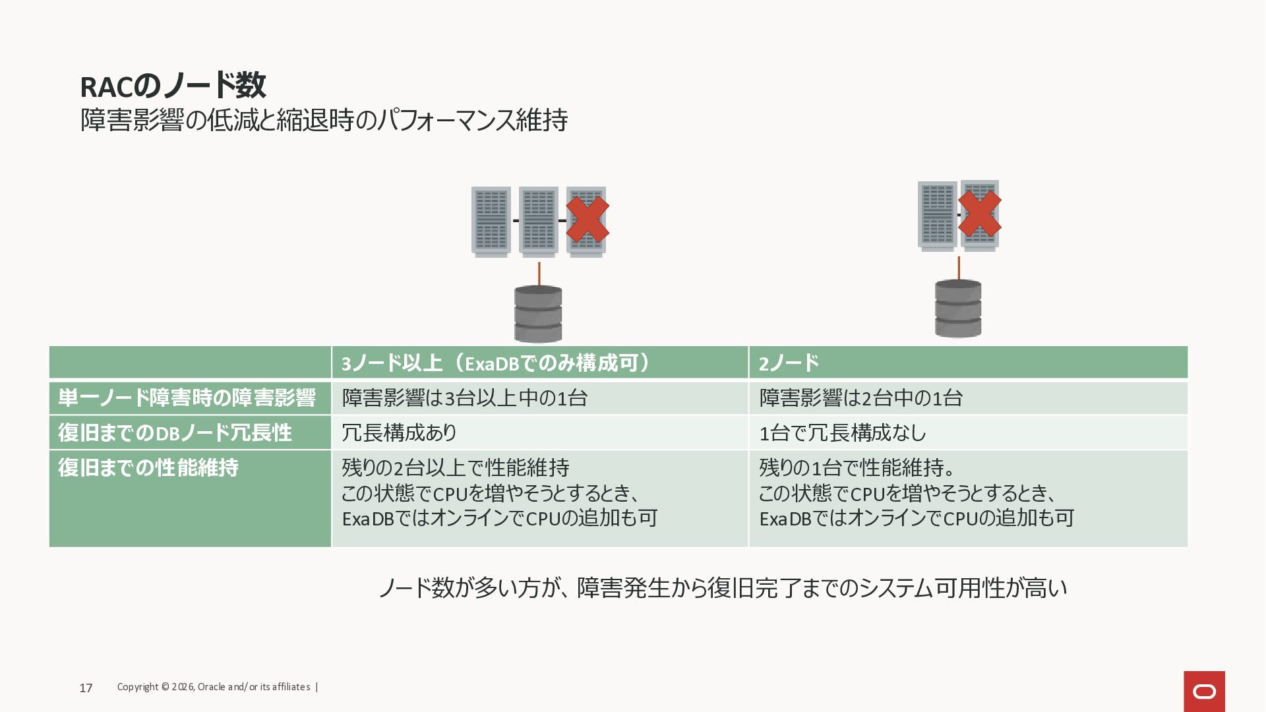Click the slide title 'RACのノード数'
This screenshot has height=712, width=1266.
(x=173, y=86)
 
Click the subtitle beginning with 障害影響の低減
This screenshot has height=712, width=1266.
(x=324, y=121)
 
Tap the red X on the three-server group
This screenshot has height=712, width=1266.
(x=587, y=220)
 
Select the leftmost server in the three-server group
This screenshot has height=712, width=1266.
(x=491, y=221)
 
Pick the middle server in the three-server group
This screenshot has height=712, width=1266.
(x=538, y=221)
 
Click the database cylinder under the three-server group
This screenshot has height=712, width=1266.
(x=538, y=314)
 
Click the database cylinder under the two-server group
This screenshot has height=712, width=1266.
(x=958, y=309)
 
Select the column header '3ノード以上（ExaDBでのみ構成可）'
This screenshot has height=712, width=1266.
(x=495, y=363)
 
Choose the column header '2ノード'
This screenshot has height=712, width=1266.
(x=789, y=363)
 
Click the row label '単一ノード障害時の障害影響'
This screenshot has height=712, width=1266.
(x=187, y=398)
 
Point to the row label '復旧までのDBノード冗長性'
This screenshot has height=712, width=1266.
(x=175, y=433)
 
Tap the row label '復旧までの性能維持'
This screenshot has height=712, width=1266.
(x=148, y=468)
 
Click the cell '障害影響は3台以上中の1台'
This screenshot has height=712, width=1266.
(x=464, y=398)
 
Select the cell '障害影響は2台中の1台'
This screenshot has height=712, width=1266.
(x=860, y=398)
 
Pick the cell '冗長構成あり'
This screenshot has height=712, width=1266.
(x=399, y=433)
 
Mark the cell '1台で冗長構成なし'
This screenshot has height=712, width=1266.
(x=843, y=433)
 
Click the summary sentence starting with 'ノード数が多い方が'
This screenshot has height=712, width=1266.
(x=722, y=587)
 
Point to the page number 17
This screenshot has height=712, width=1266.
(x=86, y=688)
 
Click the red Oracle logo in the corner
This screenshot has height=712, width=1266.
(x=1204, y=692)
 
